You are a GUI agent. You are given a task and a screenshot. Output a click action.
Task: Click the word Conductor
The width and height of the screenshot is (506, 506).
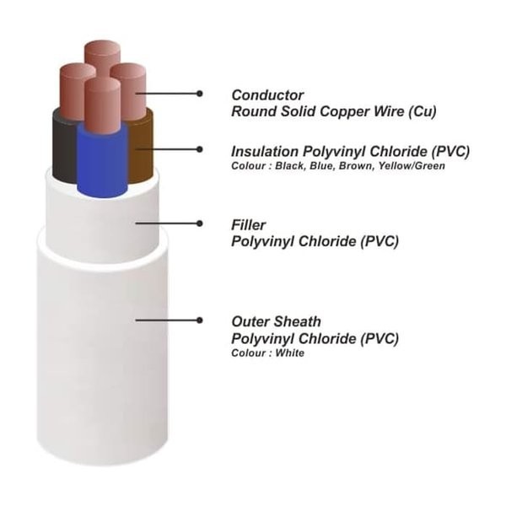[x=267, y=94]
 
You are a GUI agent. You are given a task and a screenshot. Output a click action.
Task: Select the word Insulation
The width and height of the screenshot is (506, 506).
[x=265, y=151]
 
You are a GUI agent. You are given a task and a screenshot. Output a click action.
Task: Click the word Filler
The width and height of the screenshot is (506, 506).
[x=249, y=225]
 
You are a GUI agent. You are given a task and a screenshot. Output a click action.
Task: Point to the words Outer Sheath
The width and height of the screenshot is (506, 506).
[x=277, y=321]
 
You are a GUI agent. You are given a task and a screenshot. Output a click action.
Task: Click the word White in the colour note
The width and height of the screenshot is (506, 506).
[x=289, y=353]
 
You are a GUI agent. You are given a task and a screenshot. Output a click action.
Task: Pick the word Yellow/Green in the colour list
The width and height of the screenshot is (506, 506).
[x=412, y=166]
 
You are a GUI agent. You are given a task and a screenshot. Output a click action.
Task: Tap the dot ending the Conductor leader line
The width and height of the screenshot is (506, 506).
[x=200, y=94]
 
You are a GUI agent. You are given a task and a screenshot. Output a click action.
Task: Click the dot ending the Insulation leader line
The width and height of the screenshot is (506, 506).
[x=200, y=149]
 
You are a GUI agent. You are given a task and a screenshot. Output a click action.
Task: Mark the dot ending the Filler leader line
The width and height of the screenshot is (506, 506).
[x=200, y=223]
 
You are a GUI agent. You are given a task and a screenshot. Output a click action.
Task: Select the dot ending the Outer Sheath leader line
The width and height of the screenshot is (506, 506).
[x=200, y=320]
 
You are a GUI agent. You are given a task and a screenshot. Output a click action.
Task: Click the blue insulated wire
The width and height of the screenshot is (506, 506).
[x=102, y=161]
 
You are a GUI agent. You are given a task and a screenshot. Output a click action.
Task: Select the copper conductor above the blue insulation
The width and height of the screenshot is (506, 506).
[x=103, y=106]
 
